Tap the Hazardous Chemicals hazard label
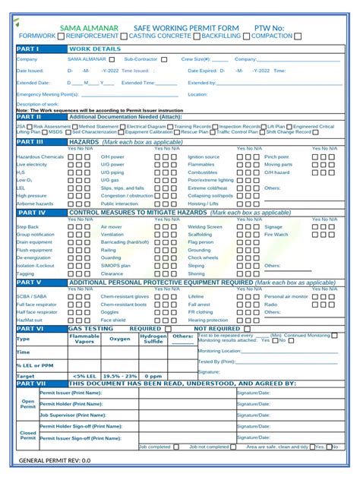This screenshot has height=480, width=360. [39, 156]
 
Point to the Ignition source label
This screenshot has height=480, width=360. [204, 156]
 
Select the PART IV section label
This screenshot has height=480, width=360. [31, 213]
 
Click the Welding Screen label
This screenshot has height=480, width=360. [205, 226]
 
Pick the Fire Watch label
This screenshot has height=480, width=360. [276, 234]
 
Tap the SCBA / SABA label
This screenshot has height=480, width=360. [31, 296]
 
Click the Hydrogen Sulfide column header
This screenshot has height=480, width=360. [153, 339]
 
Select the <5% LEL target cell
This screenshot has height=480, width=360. [86, 376]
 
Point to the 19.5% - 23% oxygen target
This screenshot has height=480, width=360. [120, 376]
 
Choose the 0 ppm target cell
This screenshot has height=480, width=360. [153, 376]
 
